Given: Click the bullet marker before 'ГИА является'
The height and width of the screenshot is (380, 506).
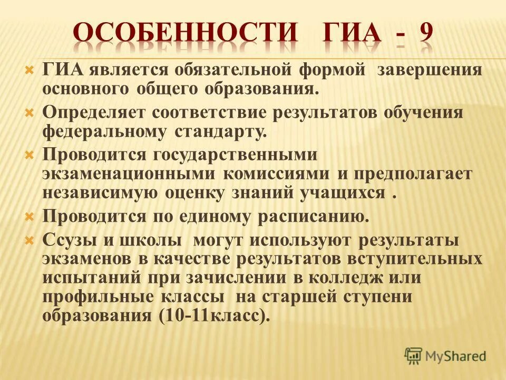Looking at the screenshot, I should pyautogui.click(x=30, y=70).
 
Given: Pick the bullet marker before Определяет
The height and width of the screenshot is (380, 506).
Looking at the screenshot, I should pyautogui.click(x=30, y=112).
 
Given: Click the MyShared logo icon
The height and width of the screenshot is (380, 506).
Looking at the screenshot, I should pyautogui.click(x=413, y=355).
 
